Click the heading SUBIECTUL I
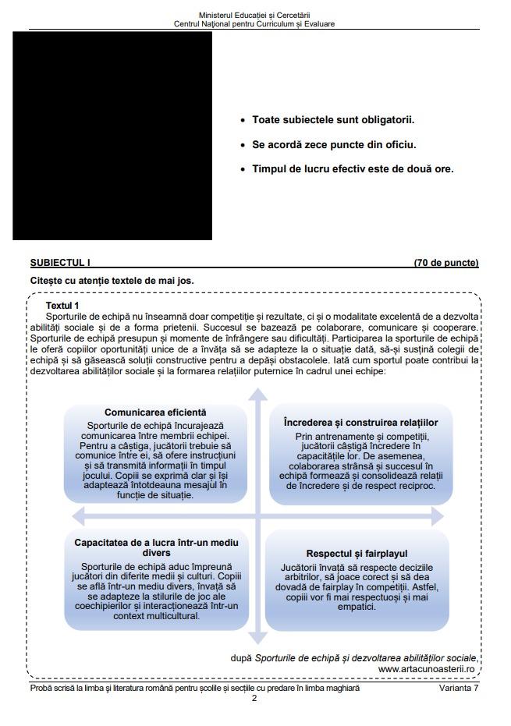[x=60, y=263]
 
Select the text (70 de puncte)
[x=445, y=263]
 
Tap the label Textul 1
[x=62, y=306]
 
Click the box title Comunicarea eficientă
[x=155, y=412]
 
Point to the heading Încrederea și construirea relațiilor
[x=360, y=422]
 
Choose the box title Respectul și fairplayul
[x=357, y=553]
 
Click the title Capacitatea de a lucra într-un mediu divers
[x=156, y=547]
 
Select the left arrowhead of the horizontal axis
[x=78, y=515]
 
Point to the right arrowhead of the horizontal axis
[x=436, y=515]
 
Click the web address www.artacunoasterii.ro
[x=427, y=668]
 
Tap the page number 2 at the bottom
[x=254, y=698]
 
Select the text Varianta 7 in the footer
[x=458, y=688]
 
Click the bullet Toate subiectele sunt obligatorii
[x=333, y=120]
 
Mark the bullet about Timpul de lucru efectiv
[x=353, y=168]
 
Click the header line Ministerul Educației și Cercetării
[x=254, y=15]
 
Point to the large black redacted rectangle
[x=112, y=136]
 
